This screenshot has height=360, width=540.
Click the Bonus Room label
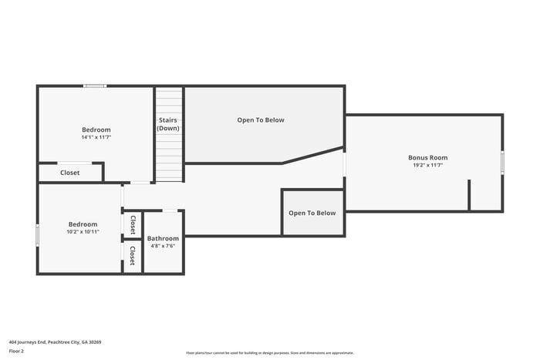pyautogui.click(x=427, y=157)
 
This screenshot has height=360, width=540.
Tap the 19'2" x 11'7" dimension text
pyautogui.click(x=427, y=165)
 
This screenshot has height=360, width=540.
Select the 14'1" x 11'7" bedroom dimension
pyautogui.click(x=96, y=137)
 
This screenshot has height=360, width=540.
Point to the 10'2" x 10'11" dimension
pyautogui.click(x=83, y=232)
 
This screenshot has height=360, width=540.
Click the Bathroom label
pyautogui.click(x=163, y=238)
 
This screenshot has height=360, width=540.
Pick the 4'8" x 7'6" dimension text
pyautogui.click(x=163, y=246)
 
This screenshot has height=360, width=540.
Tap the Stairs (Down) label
pyautogui.click(x=168, y=124)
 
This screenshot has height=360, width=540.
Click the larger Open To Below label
pyautogui.click(x=261, y=120)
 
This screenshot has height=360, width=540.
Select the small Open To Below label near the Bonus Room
pyautogui.click(x=312, y=213)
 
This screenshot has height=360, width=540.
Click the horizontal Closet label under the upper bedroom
pyautogui.click(x=70, y=173)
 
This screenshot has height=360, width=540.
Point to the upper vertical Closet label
pyautogui.click(x=133, y=225)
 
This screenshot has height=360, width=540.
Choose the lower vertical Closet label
pyautogui.click(x=132, y=255)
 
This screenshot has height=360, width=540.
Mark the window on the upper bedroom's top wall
pyautogui.click(x=95, y=86)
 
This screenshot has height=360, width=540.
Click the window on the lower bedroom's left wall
pyautogui.click(x=38, y=235)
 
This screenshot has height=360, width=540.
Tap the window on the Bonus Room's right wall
pyautogui.click(x=502, y=163)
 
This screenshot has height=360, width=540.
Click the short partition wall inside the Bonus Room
pyautogui.click(x=469, y=194)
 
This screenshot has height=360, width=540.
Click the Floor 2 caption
pyautogui.click(x=16, y=351)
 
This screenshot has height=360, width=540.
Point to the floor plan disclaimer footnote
pyautogui.click(x=270, y=353)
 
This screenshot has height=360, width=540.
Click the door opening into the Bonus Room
pyautogui.click(x=344, y=164)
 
